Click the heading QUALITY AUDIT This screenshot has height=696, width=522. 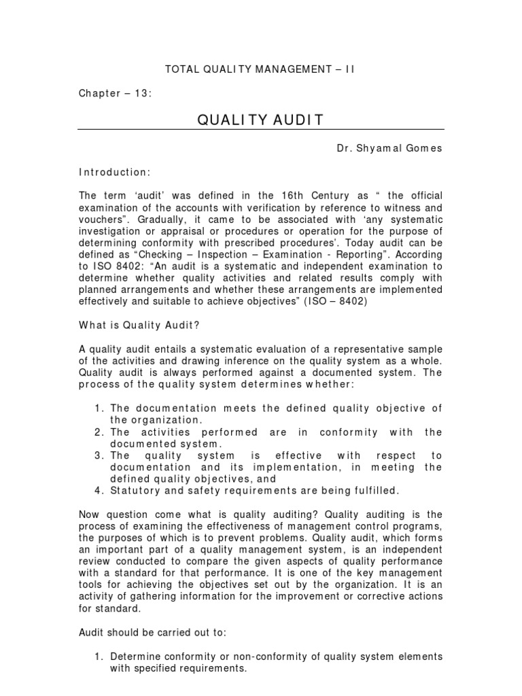260,120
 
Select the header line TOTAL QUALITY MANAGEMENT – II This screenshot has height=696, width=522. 260,69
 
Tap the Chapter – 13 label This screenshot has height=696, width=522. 114,93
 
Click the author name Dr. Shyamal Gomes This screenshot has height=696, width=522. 389,148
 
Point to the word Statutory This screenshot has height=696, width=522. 136,490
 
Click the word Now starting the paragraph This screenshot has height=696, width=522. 89,515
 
